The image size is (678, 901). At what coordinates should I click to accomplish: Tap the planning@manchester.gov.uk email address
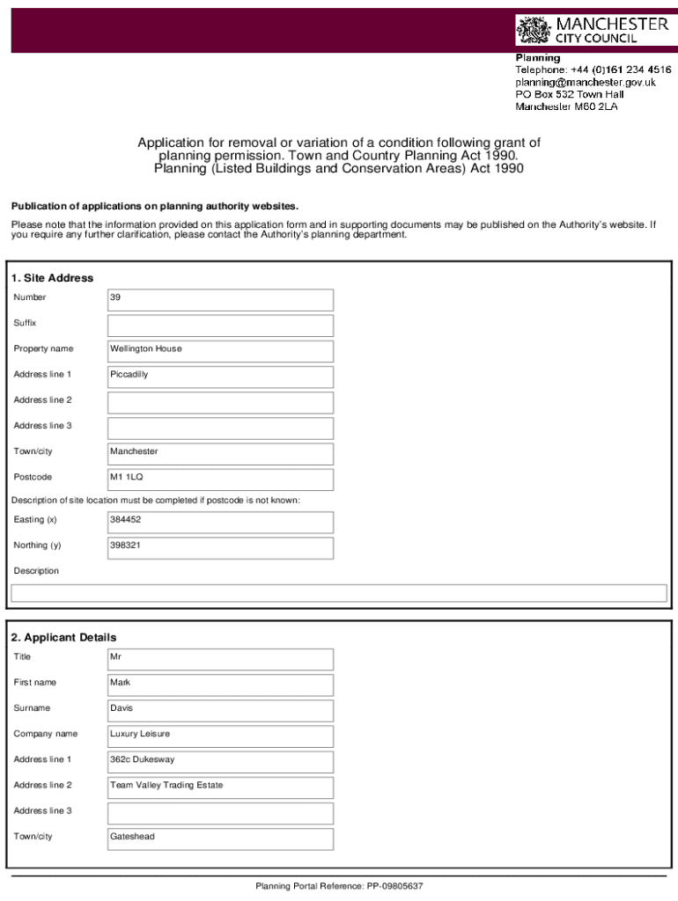click(x=585, y=82)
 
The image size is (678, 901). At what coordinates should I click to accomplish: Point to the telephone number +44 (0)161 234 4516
click(x=593, y=70)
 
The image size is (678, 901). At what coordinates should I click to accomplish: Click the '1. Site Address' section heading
click(x=53, y=278)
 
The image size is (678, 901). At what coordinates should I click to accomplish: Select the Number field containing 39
click(x=220, y=299)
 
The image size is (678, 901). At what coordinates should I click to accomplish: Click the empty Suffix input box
click(x=220, y=326)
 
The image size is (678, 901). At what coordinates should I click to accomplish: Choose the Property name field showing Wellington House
click(x=220, y=350)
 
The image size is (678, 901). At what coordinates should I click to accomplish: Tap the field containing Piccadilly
click(x=220, y=376)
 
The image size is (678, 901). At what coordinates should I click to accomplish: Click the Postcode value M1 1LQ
click(x=220, y=479)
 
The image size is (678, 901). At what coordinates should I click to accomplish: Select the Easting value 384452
click(x=220, y=521)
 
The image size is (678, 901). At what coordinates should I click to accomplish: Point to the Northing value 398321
click(x=220, y=547)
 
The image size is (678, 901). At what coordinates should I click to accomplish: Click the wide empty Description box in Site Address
click(x=338, y=593)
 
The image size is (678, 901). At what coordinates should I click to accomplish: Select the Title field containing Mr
click(x=220, y=658)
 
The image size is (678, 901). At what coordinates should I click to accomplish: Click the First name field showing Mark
click(x=220, y=684)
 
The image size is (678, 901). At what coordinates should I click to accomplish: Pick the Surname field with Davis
click(x=220, y=709)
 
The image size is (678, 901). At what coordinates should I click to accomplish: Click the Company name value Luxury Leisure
click(x=220, y=735)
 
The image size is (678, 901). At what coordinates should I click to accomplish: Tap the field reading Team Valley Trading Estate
click(x=220, y=786)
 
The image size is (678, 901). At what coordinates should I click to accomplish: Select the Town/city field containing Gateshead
click(x=220, y=838)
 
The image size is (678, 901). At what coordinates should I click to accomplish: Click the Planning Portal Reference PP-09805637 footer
click(x=339, y=886)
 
